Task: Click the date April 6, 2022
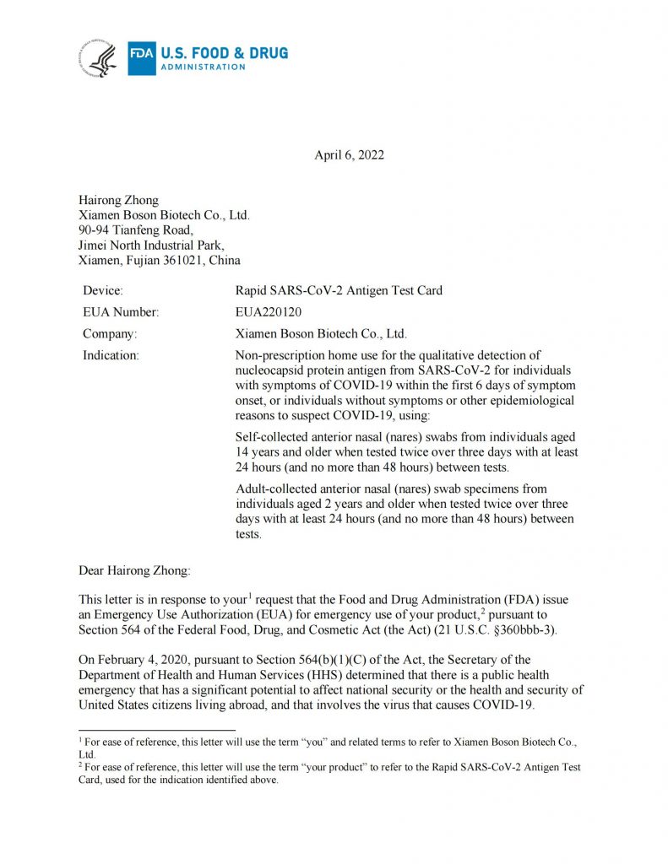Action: pyautogui.click(x=350, y=154)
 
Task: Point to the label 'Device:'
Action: pyautogui.click(x=102, y=290)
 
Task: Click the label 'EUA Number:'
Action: pyautogui.click(x=121, y=312)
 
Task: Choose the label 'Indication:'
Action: pyautogui.click(x=111, y=355)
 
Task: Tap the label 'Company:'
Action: pyautogui.click(x=109, y=333)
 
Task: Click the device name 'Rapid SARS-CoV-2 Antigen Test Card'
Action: pyautogui.click(x=339, y=290)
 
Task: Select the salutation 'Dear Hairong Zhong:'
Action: pyautogui.click(x=134, y=570)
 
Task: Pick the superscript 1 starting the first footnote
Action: pyautogui.click(x=80, y=738)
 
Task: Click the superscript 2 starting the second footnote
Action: pyautogui.click(x=80, y=764)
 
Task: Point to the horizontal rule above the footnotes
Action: pyautogui.click(x=156, y=730)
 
